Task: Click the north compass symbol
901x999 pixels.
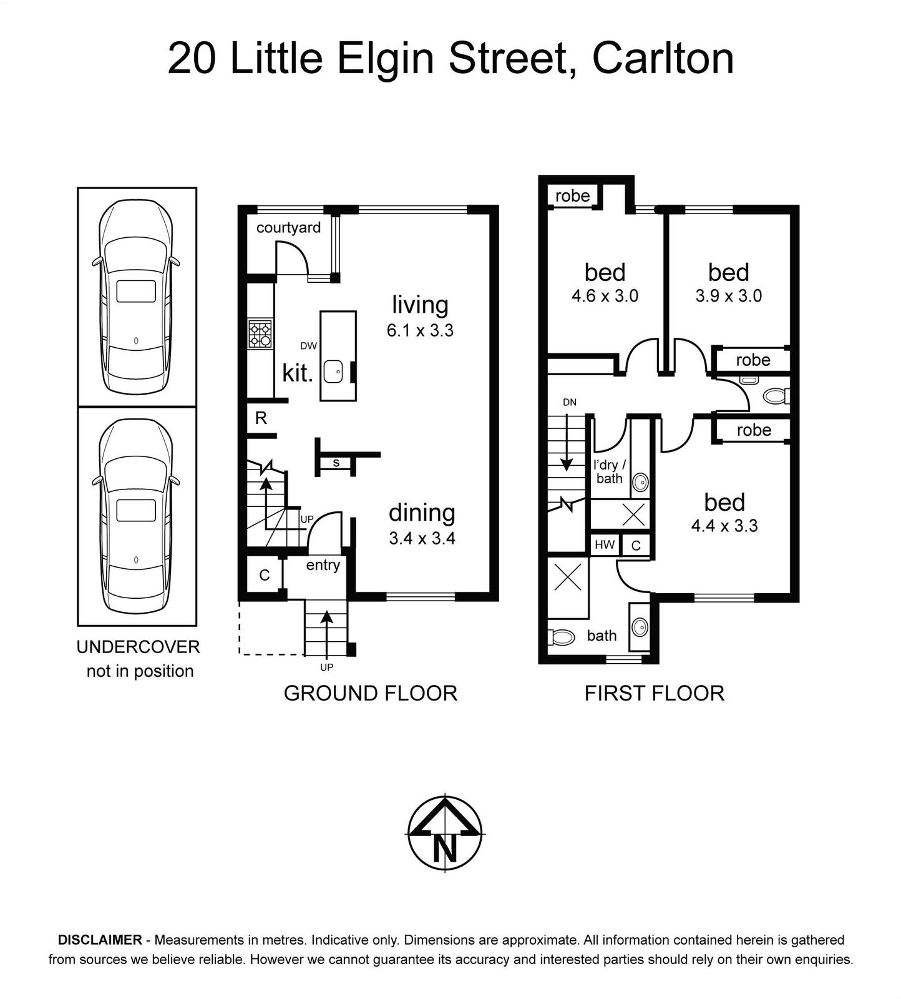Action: (x=444, y=833)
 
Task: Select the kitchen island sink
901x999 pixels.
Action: (x=333, y=372)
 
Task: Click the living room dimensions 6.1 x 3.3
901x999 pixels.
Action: (x=420, y=330)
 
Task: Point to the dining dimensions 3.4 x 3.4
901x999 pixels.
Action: (x=422, y=538)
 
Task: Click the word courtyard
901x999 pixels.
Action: (x=288, y=227)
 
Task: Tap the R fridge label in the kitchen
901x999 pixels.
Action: (x=261, y=418)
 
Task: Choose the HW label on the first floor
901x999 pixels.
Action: (x=604, y=544)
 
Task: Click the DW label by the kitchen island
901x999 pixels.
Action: (x=308, y=345)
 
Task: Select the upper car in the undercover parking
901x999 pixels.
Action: (x=136, y=297)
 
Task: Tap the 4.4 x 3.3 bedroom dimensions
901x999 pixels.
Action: (x=724, y=526)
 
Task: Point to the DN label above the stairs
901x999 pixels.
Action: (x=570, y=402)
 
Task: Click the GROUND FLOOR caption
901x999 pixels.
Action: (x=371, y=693)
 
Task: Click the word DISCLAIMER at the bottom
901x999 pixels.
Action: (x=100, y=940)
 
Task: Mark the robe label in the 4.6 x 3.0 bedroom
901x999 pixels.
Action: (x=572, y=196)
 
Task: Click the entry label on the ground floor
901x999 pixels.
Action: (x=323, y=565)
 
